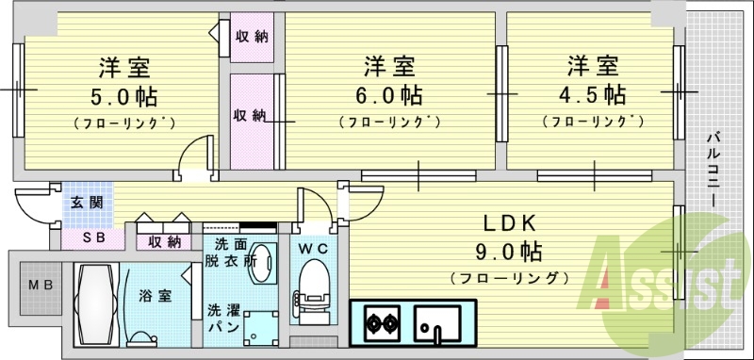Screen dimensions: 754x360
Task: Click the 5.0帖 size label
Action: [124, 97]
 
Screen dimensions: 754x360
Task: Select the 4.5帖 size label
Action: [592, 95]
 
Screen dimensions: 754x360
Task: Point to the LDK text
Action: [510, 224]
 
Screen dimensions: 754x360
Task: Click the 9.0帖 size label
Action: [510, 252]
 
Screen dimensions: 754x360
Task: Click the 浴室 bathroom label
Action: [157, 296]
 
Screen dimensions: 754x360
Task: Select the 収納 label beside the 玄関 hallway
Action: [163, 242]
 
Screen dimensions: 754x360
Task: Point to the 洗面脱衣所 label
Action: [228, 254]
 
